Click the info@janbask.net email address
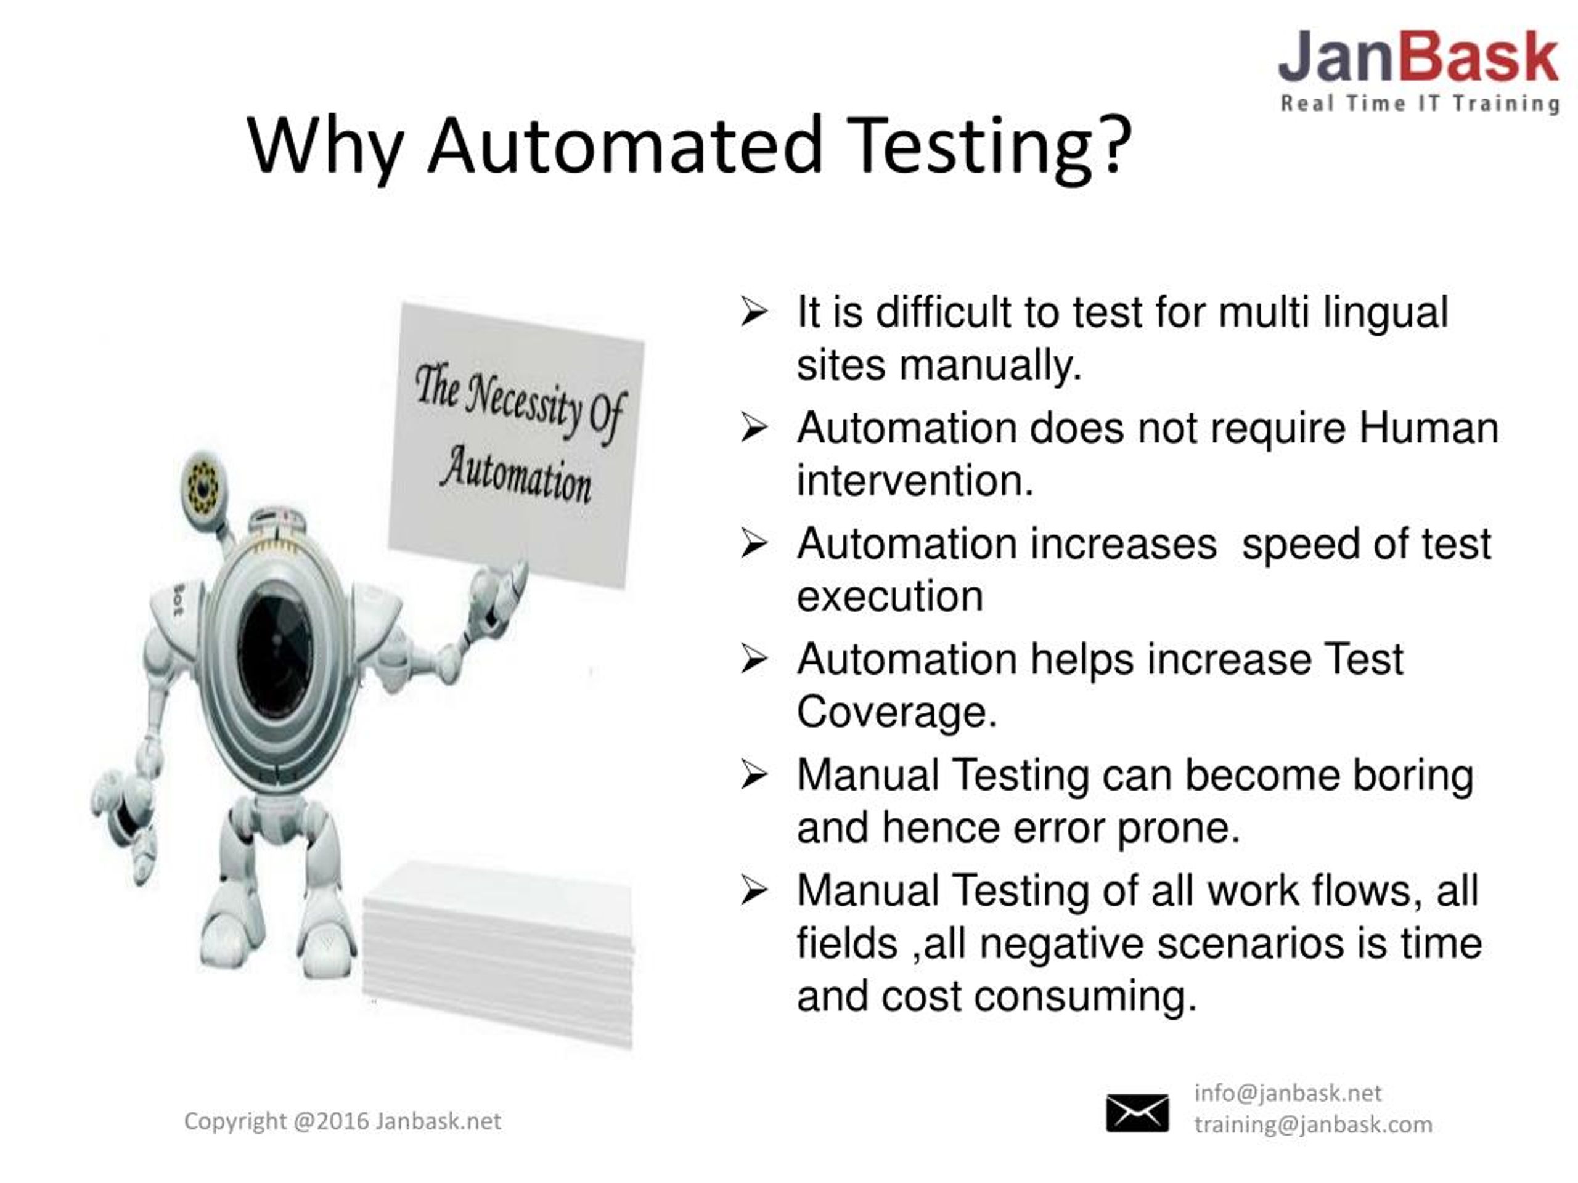(x=1288, y=1093)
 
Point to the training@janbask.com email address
(x=1312, y=1124)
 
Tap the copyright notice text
(x=343, y=1121)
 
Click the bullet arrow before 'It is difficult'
(x=754, y=312)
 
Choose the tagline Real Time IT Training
(x=1419, y=104)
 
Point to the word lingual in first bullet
(x=1386, y=312)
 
